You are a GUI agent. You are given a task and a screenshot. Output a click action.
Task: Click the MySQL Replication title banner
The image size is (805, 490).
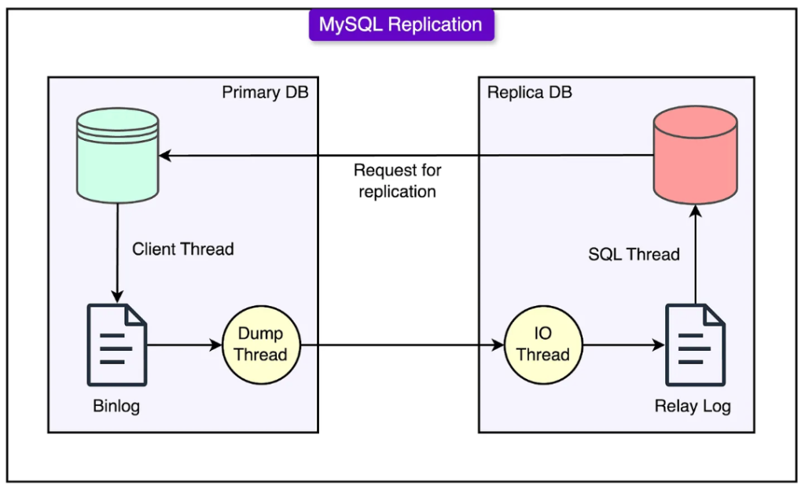[401, 24]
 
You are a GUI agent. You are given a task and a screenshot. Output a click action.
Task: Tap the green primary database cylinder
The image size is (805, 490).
[118, 155]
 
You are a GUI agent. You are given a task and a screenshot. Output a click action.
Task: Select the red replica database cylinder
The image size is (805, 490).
[695, 155]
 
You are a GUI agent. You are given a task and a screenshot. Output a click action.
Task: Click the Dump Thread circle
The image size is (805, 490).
[261, 344]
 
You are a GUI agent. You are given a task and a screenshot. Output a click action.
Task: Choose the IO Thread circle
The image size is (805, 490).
[543, 344]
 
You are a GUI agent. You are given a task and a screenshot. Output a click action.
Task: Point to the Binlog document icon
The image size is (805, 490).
[117, 344]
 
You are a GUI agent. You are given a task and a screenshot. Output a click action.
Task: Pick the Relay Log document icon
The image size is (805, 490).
[695, 344]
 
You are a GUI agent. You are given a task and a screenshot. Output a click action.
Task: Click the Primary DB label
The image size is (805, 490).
[265, 92]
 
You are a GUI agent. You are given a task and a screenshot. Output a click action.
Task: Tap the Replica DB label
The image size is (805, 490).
[529, 92]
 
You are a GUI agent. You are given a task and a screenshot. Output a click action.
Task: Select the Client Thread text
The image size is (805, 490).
[182, 249]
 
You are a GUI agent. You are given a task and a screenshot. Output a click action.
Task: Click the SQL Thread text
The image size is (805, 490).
[634, 254]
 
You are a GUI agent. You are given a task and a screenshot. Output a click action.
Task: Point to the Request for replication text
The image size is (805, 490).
[397, 181]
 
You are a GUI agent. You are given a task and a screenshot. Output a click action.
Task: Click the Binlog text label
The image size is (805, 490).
[116, 406]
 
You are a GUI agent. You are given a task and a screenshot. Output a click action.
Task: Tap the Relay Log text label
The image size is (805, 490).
[693, 406]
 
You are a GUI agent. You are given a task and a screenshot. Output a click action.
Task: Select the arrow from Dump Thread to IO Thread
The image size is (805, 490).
[402, 345]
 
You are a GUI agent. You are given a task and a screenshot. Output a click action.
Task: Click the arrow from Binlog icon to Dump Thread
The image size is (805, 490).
[184, 345]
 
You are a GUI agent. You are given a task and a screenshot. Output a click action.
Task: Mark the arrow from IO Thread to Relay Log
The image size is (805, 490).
[623, 345]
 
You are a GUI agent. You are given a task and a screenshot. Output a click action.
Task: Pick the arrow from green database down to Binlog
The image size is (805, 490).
[118, 253]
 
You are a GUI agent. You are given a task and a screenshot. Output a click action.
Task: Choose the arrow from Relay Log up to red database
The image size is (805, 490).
[696, 254]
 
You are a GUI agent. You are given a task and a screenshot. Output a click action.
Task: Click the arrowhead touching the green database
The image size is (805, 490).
[165, 155]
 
